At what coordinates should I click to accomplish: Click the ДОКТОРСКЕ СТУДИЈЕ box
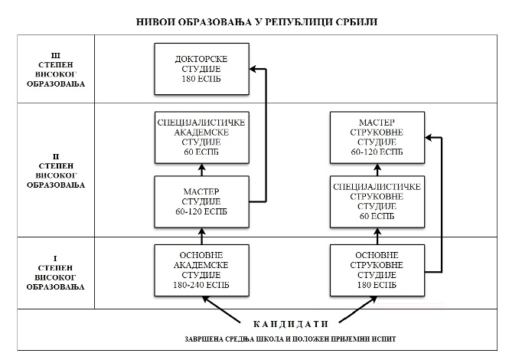click(201, 69)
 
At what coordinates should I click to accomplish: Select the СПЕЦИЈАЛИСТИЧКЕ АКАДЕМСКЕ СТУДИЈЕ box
click(201, 137)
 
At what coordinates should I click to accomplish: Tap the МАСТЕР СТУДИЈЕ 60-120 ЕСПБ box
click(201, 201)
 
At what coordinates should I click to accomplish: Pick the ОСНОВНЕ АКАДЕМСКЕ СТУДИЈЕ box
click(201, 270)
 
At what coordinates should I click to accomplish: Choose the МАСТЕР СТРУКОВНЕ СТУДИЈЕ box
click(377, 137)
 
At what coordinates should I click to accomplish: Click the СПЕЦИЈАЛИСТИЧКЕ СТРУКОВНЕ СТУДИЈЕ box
click(377, 201)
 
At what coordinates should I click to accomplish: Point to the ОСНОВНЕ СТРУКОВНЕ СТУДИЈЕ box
click(377, 270)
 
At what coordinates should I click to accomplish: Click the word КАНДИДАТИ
click(291, 324)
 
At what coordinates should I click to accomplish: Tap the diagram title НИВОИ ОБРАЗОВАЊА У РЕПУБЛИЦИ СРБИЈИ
click(256, 21)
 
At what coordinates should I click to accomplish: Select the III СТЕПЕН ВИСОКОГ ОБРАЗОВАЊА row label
click(56, 70)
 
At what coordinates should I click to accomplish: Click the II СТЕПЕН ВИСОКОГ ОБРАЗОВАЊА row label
click(56, 171)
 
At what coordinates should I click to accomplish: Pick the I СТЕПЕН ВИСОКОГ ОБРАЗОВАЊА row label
click(56, 273)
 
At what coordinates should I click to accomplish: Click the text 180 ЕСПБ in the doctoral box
click(201, 79)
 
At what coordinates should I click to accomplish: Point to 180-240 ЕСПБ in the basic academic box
click(201, 285)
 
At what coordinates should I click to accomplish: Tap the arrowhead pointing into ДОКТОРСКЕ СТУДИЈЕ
click(253, 69)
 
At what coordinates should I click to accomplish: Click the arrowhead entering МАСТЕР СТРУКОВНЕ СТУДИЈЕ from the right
click(429, 138)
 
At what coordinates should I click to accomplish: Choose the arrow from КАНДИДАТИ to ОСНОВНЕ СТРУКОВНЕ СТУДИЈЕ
click(357, 309)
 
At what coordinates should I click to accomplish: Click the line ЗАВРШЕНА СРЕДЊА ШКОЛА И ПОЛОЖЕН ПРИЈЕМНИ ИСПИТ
click(291, 339)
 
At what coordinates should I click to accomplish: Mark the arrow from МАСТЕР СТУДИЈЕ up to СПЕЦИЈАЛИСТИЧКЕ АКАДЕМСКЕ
click(201, 169)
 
